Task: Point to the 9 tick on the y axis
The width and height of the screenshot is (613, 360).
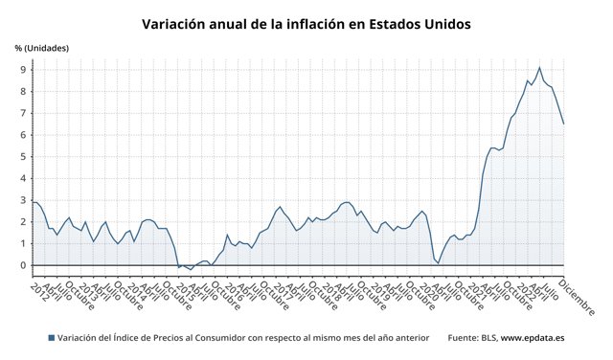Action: (22, 70)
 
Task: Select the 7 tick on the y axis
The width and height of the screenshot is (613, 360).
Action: (22, 114)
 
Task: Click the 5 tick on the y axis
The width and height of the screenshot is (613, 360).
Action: (22, 157)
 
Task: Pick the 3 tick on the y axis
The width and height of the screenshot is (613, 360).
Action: (22, 200)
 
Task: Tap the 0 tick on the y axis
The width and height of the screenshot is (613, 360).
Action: (22, 265)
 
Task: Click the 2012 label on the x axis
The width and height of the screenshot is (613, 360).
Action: (39, 290)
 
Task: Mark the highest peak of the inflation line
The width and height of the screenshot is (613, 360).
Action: (539, 67)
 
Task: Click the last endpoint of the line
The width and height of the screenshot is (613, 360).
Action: (564, 124)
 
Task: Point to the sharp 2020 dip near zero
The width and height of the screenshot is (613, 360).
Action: (438, 261)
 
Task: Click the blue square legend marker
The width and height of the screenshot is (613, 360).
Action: (51, 338)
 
